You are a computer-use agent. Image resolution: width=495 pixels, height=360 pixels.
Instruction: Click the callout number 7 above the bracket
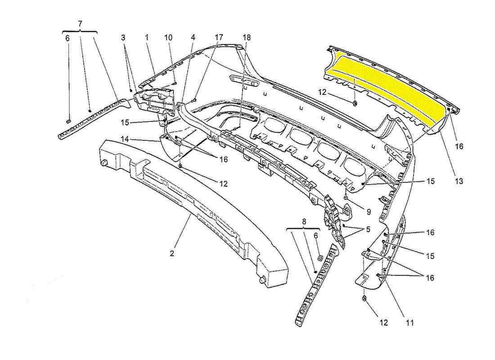(x=80, y=23)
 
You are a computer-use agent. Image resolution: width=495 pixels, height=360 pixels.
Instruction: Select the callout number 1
(x=147, y=38)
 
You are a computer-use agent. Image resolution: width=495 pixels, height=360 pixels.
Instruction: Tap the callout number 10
(x=168, y=38)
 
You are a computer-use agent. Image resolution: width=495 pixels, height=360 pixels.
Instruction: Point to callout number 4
(x=193, y=38)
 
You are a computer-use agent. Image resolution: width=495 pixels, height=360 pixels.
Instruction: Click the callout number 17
(x=219, y=38)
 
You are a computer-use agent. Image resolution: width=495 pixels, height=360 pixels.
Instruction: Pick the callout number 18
(x=247, y=38)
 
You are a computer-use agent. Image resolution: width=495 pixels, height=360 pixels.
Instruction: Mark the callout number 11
(x=410, y=323)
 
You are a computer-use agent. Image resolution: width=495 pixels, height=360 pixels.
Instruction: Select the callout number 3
(x=123, y=38)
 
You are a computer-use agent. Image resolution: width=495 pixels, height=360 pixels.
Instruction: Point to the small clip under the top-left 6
(x=68, y=121)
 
